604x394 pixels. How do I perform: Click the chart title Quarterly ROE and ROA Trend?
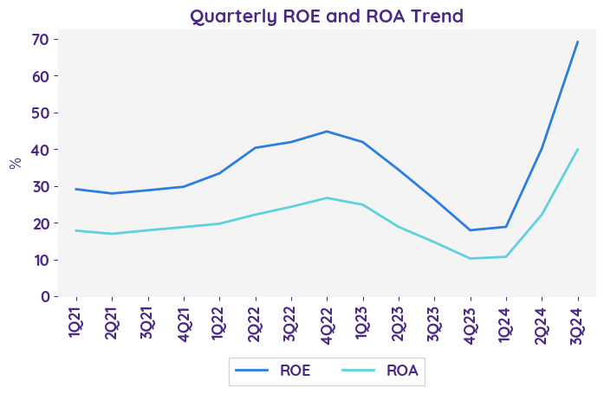click(x=327, y=16)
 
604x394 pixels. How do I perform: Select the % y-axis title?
click(x=15, y=163)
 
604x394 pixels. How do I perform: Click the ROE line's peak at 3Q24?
click(x=578, y=42)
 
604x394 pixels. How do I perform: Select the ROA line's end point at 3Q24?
click(x=578, y=149)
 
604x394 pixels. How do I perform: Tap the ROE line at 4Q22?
click(x=327, y=132)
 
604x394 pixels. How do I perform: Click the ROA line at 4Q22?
click(x=327, y=197)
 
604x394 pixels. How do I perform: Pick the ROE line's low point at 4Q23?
click(x=471, y=230)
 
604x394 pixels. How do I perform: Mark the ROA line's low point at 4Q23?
click(x=471, y=258)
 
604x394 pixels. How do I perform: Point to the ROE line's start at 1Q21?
click(x=76, y=189)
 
